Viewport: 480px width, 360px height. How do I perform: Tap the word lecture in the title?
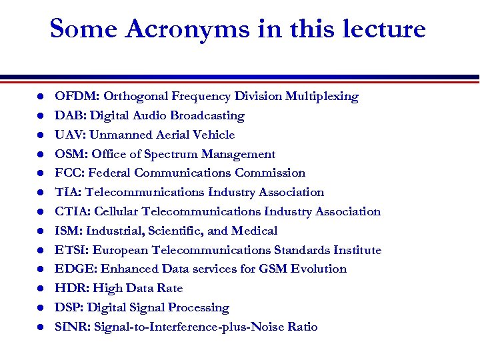point(381,29)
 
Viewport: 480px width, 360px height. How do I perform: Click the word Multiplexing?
point(322,96)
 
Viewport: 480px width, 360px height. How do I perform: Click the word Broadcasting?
point(207,115)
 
